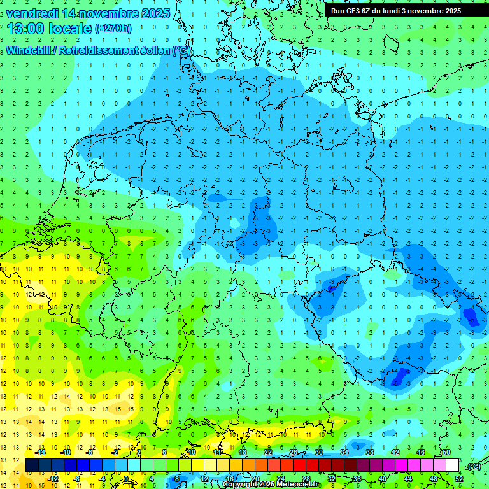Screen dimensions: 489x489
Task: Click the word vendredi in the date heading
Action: tap(32, 13)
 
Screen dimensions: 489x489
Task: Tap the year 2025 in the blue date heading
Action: tap(153, 13)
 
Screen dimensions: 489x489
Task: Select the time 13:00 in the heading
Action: tap(26, 28)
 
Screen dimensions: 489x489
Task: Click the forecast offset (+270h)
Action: tap(113, 29)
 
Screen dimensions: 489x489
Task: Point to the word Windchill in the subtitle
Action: tap(29, 50)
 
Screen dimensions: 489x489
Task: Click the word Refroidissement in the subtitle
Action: tap(99, 50)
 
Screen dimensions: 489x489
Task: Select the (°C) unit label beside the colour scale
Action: tap(473, 466)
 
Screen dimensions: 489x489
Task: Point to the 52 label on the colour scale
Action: tap(459, 478)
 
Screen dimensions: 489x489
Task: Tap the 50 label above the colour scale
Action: tap(446, 452)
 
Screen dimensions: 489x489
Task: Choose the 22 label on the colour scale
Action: tap(268, 452)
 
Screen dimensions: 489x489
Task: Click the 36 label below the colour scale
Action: tap(357, 478)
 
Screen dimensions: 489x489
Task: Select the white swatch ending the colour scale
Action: tap(453, 465)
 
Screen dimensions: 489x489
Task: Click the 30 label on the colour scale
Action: tap(319, 452)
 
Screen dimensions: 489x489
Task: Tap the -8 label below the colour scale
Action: tap(77, 478)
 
